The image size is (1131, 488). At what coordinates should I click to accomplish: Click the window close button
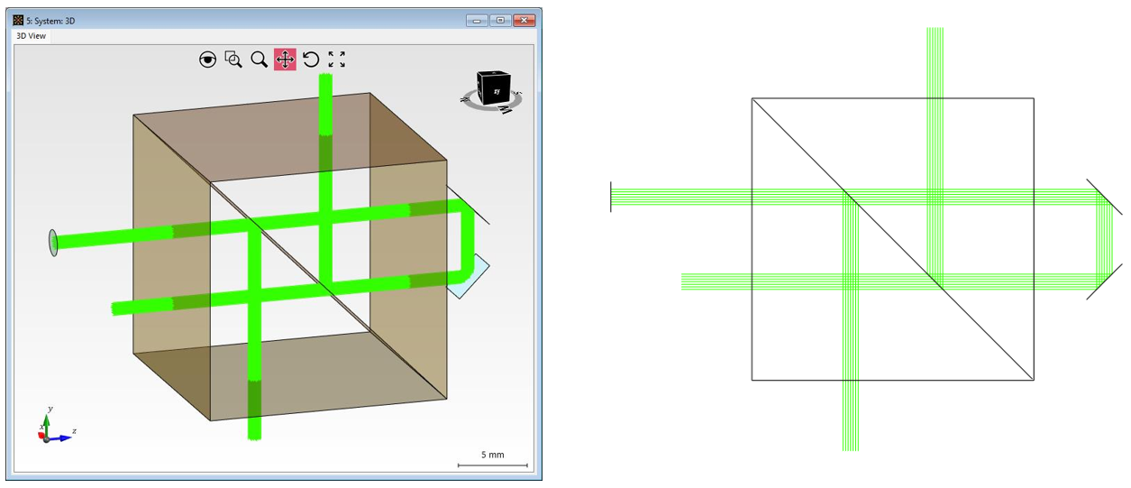(x=524, y=20)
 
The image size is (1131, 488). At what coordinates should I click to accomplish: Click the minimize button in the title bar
(x=477, y=20)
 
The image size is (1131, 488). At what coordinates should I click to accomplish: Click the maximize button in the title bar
(x=500, y=20)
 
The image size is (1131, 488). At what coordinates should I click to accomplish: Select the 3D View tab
(x=31, y=36)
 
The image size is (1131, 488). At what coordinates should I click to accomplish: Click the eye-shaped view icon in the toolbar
(x=207, y=60)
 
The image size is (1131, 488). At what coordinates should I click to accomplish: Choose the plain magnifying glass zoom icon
(x=260, y=60)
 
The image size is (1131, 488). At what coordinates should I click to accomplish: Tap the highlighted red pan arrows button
(x=286, y=60)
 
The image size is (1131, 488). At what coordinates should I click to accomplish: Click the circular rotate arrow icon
(x=311, y=60)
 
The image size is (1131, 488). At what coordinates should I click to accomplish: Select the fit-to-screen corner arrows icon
(x=337, y=60)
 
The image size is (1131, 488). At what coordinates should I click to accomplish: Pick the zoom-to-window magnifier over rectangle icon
(x=233, y=60)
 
